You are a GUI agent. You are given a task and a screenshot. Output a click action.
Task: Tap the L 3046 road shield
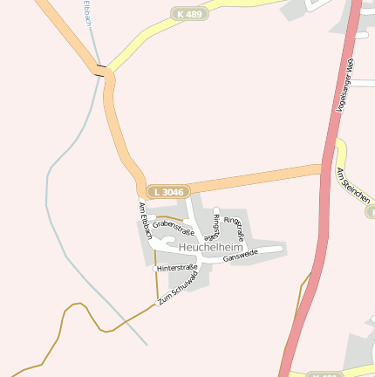tap(167, 191)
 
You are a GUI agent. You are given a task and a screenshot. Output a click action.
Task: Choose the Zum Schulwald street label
tap(178, 286)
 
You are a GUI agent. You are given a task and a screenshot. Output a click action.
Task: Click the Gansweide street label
tap(240, 257)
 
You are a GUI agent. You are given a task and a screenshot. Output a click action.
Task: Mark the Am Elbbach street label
tap(146, 220)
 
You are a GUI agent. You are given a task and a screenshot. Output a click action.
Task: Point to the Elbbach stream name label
tap(87, 12)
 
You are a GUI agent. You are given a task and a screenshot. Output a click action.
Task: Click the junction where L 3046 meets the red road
tap(328, 168)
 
